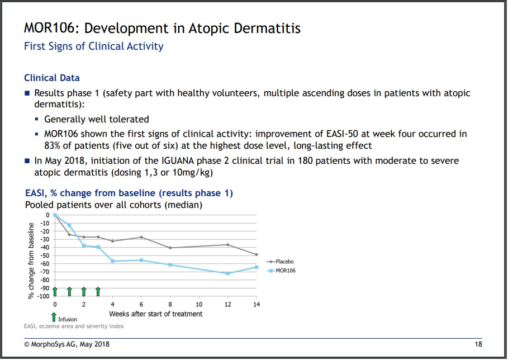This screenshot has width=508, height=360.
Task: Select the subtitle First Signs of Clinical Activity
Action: pos(94,46)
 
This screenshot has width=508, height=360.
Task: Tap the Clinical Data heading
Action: pos(52,78)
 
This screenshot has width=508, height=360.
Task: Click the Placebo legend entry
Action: pos(284,261)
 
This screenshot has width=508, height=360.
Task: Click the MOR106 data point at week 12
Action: pos(227,273)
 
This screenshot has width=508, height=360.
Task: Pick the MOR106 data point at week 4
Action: pos(112,261)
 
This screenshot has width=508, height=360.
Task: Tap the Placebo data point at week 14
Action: pos(257,254)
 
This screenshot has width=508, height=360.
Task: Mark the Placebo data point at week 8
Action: pos(170,248)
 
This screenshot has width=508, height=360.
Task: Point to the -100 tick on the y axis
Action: pos(44,296)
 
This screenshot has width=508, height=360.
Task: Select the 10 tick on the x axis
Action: pos(199,304)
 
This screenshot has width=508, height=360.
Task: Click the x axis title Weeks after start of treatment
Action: pos(155,314)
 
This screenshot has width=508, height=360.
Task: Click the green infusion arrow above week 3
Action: pos(98,291)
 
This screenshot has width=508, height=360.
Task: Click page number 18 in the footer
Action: pos(478,344)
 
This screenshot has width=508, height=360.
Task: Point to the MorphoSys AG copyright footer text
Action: pos(67,344)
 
